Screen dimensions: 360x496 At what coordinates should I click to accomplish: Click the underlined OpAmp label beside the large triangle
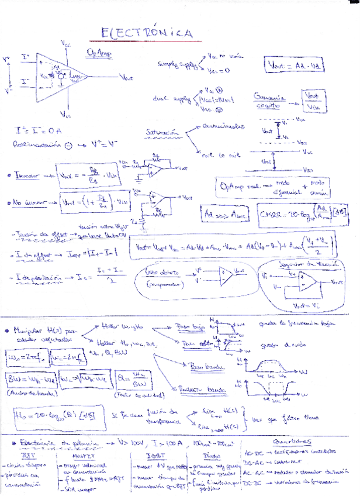99,53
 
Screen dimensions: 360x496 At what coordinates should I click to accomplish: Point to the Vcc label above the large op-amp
65,43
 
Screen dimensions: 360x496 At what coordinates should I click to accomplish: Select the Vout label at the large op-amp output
126,76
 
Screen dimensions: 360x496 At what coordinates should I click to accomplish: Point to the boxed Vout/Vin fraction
313,101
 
